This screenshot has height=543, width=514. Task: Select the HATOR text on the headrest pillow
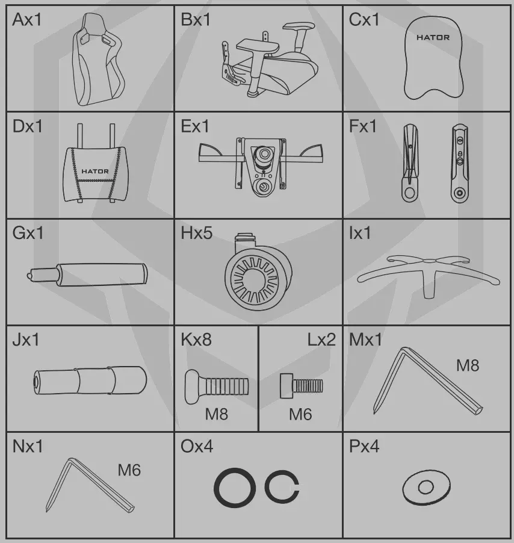click(x=433, y=37)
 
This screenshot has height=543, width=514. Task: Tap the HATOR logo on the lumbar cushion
click(x=95, y=172)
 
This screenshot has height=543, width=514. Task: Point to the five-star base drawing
click(x=428, y=275)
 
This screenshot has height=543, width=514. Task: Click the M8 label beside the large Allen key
click(x=467, y=365)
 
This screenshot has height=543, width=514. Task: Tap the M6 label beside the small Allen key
click(x=129, y=470)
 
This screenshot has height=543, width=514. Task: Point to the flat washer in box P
click(x=426, y=487)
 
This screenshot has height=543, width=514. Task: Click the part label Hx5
click(x=196, y=234)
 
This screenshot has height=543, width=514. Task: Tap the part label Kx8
click(x=196, y=340)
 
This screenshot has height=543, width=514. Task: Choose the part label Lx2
click(x=321, y=340)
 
